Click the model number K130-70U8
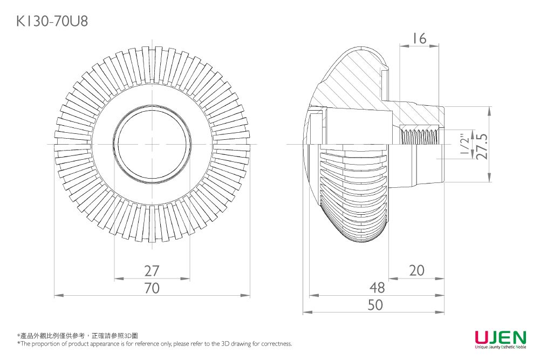52,21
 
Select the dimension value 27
152,270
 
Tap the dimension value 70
152,288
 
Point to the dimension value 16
419,38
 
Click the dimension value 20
416,270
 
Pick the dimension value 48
377,287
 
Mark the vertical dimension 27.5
482,145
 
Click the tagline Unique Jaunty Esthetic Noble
500,347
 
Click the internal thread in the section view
419,135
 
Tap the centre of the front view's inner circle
152,145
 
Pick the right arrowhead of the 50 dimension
441,312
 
